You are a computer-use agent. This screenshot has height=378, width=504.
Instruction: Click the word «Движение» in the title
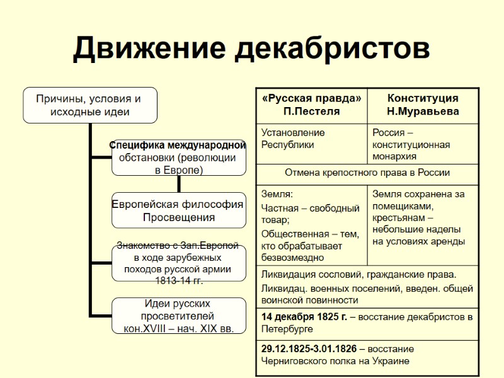(x=149, y=49)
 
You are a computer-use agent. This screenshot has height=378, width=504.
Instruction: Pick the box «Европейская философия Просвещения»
(x=178, y=210)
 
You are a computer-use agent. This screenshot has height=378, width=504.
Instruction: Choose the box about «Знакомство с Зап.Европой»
(x=178, y=263)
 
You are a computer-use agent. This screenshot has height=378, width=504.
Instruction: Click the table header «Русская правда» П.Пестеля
(x=312, y=105)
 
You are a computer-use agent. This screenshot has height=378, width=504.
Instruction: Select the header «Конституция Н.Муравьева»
(x=423, y=105)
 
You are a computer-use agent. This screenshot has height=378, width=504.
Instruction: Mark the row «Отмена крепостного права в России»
(x=367, y=173)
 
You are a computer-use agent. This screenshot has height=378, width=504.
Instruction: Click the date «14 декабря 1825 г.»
(x=304, y=317)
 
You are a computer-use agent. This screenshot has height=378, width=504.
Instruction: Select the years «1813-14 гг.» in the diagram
(x=178, y=280)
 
